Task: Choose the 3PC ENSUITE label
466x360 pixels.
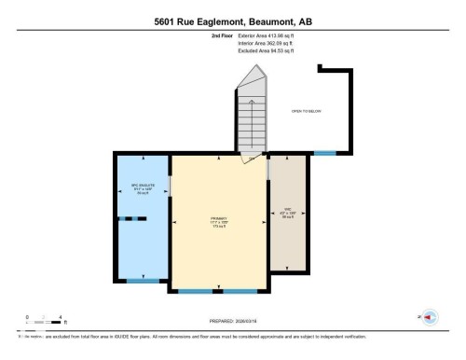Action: pyautogui.click(x=142, y=189)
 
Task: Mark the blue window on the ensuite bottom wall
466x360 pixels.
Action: pyautogui.click(x=143, y=281)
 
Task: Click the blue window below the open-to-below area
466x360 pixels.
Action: pyautogui.click(x=323, y=152)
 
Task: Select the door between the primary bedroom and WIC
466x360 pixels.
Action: pyautogui.click(x=268, y=171)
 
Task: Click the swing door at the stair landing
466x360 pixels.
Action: pyautogui.click(x=252, y=156)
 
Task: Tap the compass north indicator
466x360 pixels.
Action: pyautogui.click(x=429, y=317)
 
